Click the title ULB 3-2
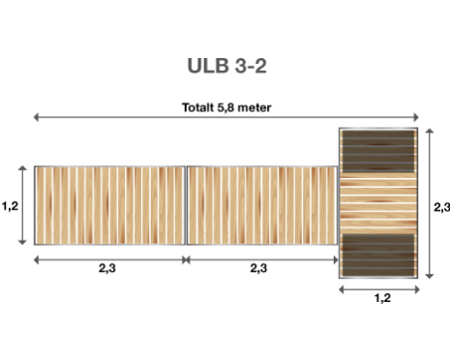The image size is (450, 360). (x=226, y=66)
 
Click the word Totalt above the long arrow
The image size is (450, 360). (x=198, y=107)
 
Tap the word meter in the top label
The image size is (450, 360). (x=254, y=107)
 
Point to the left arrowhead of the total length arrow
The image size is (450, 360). (x=36, y=117)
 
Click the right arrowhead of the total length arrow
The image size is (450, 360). (x=416, y=117)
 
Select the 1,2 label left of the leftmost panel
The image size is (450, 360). (x=10, y=206)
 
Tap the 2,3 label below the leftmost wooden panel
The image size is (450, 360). (x=107, y=268)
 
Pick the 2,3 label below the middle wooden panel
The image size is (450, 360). (x=258, y=268)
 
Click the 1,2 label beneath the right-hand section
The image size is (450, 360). (x=382, y=298)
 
